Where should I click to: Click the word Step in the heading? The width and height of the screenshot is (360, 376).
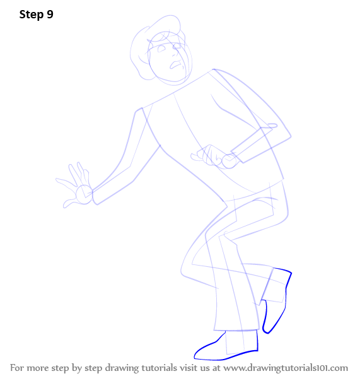[32, 15]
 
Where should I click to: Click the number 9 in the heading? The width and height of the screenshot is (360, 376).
[50, 15]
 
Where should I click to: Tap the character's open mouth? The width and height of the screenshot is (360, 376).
[176, 64]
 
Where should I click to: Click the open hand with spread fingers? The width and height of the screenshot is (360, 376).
[73, 185]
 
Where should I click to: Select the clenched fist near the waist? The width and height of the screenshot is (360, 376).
[209, 155]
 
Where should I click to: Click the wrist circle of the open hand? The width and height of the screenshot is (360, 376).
[84, 194]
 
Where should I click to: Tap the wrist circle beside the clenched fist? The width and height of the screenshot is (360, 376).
[229, 161]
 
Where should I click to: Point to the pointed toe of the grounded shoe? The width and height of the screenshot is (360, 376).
[195, 357]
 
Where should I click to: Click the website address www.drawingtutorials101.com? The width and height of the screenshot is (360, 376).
[286, 368]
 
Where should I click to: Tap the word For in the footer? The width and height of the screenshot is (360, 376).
[16, 368]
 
